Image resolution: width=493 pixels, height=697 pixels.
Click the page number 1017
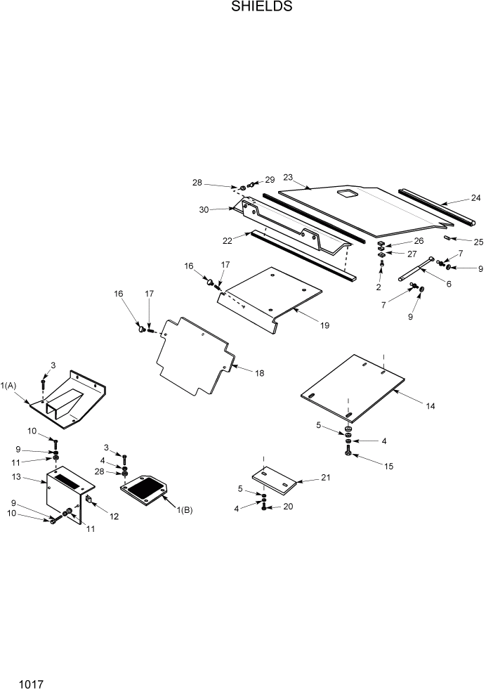coord(32,682)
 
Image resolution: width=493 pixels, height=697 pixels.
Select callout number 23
coord(288,177)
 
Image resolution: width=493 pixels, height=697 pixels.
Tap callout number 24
coord(476,198)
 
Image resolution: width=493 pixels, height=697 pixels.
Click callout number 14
coord(430,406)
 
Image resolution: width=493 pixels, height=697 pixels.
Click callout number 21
coord(325,478)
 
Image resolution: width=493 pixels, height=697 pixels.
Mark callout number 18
coord(260,373)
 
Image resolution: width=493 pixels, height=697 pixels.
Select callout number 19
coord(324,325)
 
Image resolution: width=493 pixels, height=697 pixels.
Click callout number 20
coord(288,506)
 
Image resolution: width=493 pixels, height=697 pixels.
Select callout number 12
coord(114,516)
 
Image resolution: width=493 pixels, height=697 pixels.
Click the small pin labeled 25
coord(447,239)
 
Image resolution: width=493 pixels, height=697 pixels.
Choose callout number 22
coord(227,240)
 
